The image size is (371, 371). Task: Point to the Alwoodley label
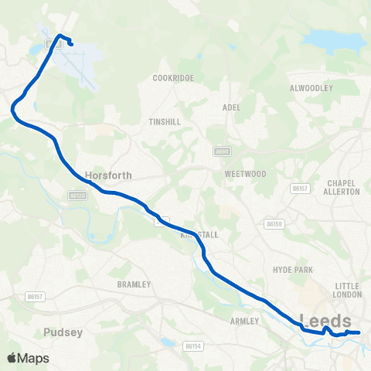point(311,88)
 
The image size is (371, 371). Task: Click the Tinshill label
point(165,122)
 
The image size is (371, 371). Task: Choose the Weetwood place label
point(245,174)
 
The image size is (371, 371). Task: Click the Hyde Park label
point(291,269)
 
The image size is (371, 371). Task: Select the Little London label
point(347,290)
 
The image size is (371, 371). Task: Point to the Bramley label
point(133,284)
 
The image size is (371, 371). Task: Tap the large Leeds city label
point(325,320)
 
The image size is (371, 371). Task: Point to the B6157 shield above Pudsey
point(34,295)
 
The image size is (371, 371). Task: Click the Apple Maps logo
point(28,358)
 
